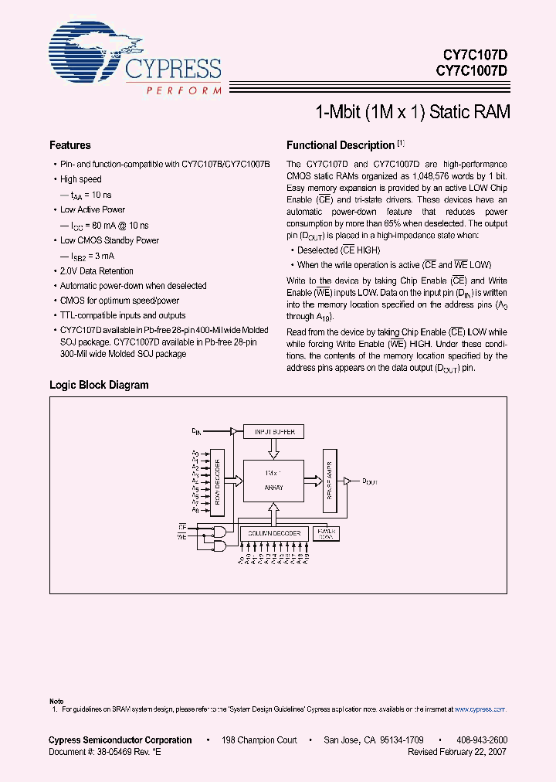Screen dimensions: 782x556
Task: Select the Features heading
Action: pos(69,145)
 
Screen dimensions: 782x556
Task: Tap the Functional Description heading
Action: pos(341,145)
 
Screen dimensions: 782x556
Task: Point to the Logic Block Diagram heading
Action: pos(99,385)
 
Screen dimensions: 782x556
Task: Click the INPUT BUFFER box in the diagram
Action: pos(274,431)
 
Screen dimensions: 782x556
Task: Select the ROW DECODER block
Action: pos(219,483)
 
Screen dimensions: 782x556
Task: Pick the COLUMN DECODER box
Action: pos(273,533)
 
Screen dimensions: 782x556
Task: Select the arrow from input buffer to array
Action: pos(274,448)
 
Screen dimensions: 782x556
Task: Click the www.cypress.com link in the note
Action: pos(480,709)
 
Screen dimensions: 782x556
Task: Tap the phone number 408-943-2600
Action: pos(481,739)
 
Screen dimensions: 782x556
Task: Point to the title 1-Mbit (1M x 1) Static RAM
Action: pos(412,111)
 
